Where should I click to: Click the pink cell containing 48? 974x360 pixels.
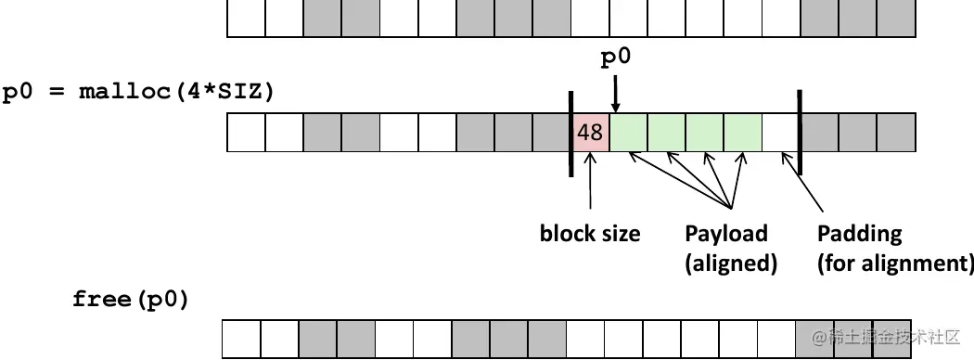point(590,133)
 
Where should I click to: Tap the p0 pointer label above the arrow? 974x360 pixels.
point(616,58)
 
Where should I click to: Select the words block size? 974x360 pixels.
point(590,233)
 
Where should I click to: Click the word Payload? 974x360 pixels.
point(726,233)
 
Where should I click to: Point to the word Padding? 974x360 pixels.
point(859,233)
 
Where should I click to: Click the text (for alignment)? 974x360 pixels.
point(894,263)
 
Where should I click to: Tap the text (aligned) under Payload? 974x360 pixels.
point(730,263)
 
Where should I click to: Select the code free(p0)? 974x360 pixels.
point(131,300)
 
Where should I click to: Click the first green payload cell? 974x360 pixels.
point(629,133)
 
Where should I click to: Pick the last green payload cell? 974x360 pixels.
point(743,133)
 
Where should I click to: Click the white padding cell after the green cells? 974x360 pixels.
point(781,133)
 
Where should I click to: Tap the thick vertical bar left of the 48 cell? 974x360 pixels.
point(570,133)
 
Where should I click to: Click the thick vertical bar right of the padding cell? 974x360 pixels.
point(800,133)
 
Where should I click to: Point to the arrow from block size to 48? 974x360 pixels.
point(590,181)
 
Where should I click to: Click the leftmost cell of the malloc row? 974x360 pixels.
point(247,133)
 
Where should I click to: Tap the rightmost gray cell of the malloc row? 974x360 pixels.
point(897,133)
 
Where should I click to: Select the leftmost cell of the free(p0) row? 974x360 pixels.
point(241,340)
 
